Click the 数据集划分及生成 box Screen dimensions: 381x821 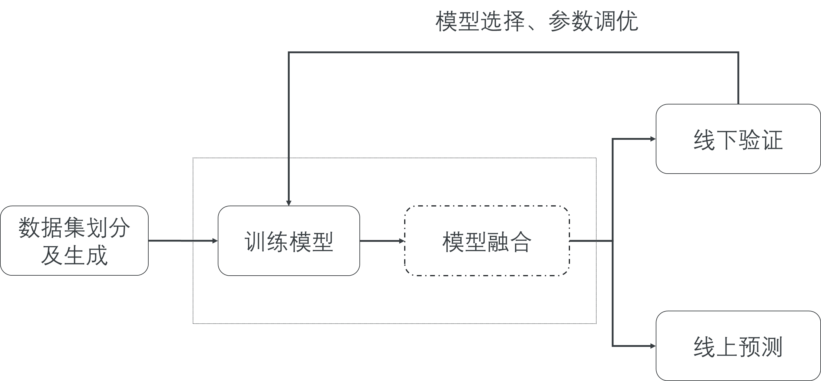pyautogui.click(x=74, y=241)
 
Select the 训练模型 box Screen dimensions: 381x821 pyautogui.click(x=289, y=241)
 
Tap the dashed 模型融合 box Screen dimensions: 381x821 pyautogui.click(x=487, y=241)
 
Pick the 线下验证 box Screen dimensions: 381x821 pyautogui.click(x=738, y=139)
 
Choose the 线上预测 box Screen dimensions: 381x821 pyautogui.click(x=738, y=346)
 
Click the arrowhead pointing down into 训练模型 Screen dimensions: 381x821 pyautogui.click(x=289, y=203)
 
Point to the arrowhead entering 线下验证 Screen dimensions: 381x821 pyautogui.click(x=653, y=139)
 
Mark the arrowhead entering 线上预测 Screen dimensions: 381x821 pyautogui.click(x=653, y=346)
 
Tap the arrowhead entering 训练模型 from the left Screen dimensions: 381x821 pyautogui.click(x=215, y=241)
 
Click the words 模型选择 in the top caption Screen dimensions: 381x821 pyautogui.click(x=480, y=22)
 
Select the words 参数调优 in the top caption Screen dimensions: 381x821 pyautogui.click(x=594, y=22)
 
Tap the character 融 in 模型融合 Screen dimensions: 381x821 pyautogui.click(x=498, y=242)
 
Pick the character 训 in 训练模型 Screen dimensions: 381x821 pyautogui.click(x=255, y=242)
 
